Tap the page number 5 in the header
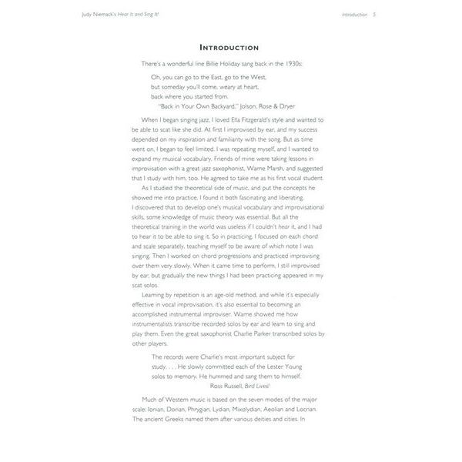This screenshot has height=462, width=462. pyautogui.click(x=374, y=15)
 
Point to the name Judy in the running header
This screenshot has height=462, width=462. pyautogui.click(x=92, y=15)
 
